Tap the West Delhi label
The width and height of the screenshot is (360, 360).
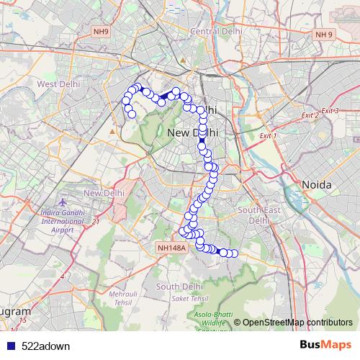pyautogui.click(x=58, y=84)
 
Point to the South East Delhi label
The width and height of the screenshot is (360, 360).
pyautogui.click(x=258, y=215)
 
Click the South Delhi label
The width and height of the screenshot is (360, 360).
pyautogui.click(x=177, y=287)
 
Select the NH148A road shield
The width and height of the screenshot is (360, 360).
pyautogui.click(x=171, y=247)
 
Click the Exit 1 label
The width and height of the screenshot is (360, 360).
pyautogui.click(x=267, y=135)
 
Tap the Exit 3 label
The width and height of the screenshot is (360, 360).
pyautogui.click(x=330, y=110)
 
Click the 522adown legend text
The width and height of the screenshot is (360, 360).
pyautogui.click(x=46, y=346)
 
